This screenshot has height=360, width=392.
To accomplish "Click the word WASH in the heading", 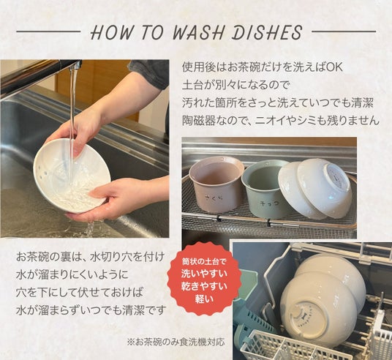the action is [x=197, y=32].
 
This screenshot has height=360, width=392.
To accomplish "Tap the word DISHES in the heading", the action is [x=267, y=32].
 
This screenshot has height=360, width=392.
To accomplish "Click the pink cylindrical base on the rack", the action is [x=216, y=184].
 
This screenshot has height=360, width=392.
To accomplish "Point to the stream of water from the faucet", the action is [x=72, y=108].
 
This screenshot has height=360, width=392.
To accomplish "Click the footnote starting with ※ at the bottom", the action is [x=176, y=342].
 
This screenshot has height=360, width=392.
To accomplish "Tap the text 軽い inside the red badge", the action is [x=204, y=299].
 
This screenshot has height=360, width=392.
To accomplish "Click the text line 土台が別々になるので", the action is [x=235, y=85].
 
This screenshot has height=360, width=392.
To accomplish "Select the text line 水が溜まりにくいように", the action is [x=72, y=274].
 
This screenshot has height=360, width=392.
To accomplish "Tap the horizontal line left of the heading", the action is [x=48, y=31].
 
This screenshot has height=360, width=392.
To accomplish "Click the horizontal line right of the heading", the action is [x=344, y=31].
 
